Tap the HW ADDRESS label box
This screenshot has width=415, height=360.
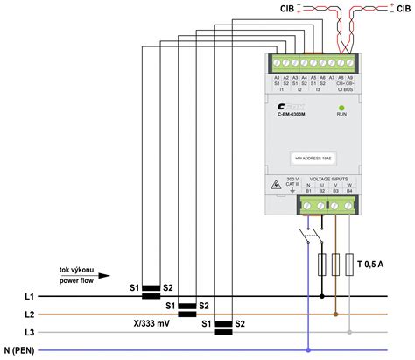click(306, 159)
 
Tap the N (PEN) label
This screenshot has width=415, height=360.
click(24, 350)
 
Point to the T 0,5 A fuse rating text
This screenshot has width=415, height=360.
click(376, 261)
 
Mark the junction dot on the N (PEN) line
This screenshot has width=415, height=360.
click(308, 350)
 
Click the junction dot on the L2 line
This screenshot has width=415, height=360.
click(335, 314)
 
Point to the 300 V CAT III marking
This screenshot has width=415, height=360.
click(288, 185)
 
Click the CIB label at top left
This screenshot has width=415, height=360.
click(287, 9)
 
